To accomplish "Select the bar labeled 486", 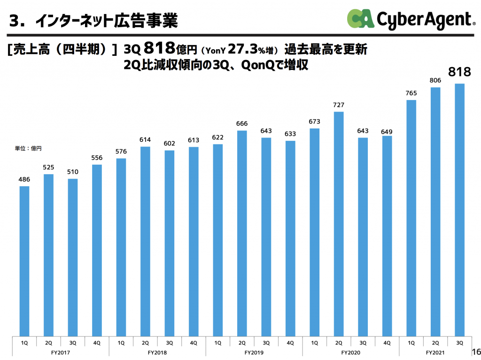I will pos(24,260).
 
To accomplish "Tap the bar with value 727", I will pos(339,223).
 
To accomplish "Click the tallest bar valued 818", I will pos(459,209).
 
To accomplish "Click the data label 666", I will pos(242,124).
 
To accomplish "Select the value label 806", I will pos(435,81).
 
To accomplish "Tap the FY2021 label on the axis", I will pos(435,352).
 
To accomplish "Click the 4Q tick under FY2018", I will pos(194,343).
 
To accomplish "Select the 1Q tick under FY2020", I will pos(314,343).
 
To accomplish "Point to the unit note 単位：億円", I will pos(29,148).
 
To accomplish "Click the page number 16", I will pos(475,352).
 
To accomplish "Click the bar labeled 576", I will pos(121,247).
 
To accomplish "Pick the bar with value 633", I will pos(290,238).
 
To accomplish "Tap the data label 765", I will pos(411,93).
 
